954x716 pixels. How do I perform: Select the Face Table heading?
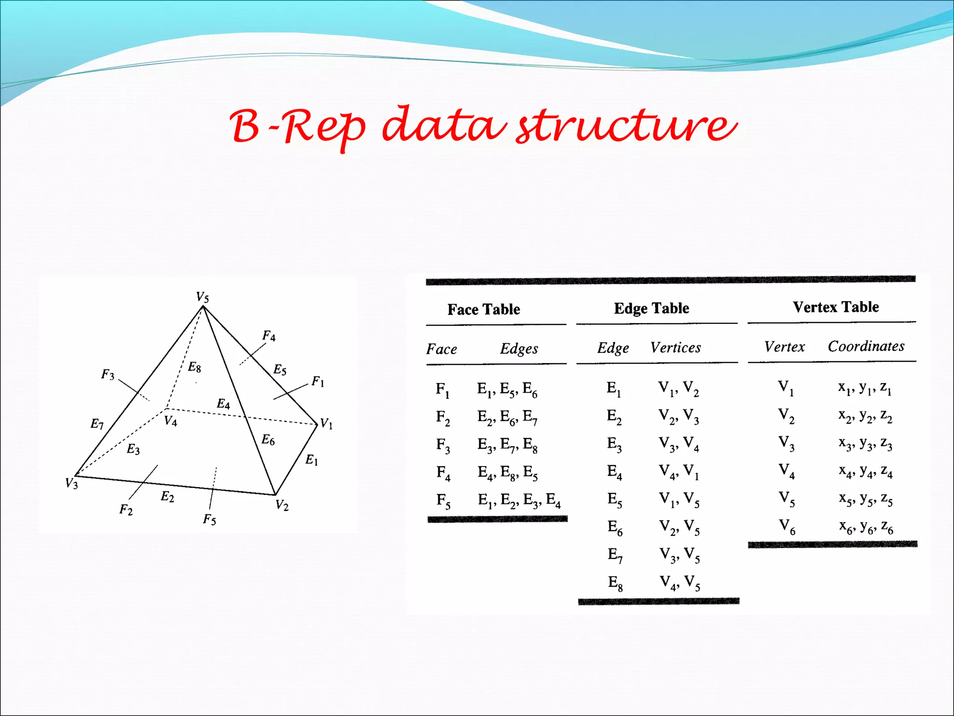click(484, 310)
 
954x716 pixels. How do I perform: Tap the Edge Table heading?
click(651, 308)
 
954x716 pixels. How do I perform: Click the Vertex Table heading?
click(836, 307)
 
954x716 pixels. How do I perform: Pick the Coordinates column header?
click(866, 346)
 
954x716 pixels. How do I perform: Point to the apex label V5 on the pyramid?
click(202, 297)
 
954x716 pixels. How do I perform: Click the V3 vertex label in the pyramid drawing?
click(71, 483)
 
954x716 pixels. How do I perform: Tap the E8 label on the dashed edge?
click(194, 367)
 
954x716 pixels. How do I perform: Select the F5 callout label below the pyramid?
click(210, 519)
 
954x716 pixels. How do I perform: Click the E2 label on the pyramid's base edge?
click(167, 497)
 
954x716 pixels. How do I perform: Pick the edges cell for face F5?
click(519, 500)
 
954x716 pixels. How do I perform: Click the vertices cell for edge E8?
click(680, 583)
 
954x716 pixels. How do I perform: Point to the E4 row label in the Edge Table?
click(614, 472)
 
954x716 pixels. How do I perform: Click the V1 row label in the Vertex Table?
click(786, 387)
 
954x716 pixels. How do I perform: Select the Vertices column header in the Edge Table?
click(675, 348)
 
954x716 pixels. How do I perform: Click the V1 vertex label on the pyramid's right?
click(326, 424)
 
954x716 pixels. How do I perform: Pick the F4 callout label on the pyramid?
click(269, 336)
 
